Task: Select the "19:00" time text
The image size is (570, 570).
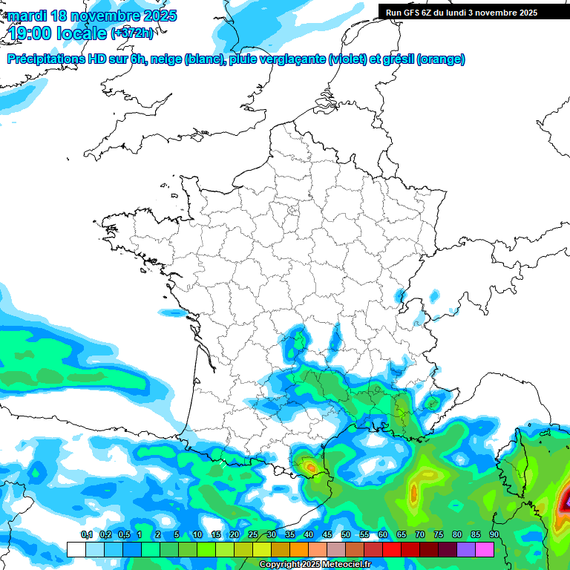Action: click(34, 33)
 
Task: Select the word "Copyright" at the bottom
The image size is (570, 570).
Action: click(280, 565)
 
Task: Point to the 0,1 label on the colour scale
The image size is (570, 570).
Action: click(87, 535)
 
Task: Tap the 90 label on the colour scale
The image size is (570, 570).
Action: click(494, 535)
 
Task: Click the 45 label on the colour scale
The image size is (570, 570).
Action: click(327, 535)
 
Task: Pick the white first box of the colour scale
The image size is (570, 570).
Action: click(76, 549)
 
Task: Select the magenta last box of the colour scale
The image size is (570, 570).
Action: click(484, 549)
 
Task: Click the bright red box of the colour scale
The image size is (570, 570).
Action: click(391, 549)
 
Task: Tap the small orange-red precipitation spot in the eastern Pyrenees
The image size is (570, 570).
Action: click(310, 467)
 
